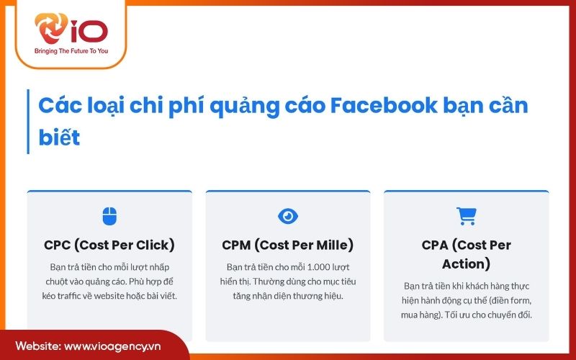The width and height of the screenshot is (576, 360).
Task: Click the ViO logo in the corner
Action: pyautogui.click(x=71, y=30)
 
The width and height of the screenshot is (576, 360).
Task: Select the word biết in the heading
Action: pyautogui.click(x=59, y=136)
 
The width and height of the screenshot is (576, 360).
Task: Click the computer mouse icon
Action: pyautogui.click(x=109, y=216)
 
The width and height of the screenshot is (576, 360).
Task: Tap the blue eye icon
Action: pyautogui.click(x=288, y=216)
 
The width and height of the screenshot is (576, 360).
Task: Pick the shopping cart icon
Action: pyautogui.click(x=467, y=216)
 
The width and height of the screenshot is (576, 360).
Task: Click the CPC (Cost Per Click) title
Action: pyautogui.click(x=109, y=245)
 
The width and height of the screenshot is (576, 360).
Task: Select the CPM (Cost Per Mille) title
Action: pyautogui.click(x=288, y=245)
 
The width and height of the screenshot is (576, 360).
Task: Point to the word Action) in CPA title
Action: pyautogui.click(x=467, y=264)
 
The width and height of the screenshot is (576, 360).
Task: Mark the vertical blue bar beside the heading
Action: pyautogui.click(x=28, y=121)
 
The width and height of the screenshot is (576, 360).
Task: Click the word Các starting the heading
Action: pyautogui.click(x=56, y=106)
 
